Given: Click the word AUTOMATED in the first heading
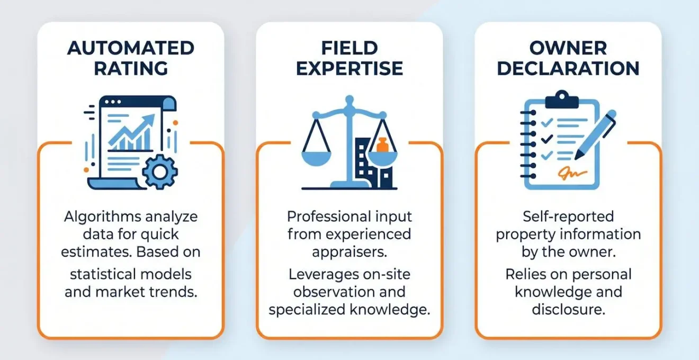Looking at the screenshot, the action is point(131,48).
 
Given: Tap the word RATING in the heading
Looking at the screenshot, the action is point(131,69).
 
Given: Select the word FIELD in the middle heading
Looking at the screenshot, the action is point(349,48).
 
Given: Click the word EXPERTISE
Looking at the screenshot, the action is point(349,69).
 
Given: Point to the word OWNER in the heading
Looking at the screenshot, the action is point(568,48).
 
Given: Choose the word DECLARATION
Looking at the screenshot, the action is point(568,69).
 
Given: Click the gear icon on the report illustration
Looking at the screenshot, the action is point(160,172).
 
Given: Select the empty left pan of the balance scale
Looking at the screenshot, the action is point(316,158).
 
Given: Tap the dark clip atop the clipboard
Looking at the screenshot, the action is point(562,100).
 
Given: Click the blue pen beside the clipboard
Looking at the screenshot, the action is point(595,135).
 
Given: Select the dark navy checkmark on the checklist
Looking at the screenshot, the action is point(546,139).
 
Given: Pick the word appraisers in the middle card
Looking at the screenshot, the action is point(349,253).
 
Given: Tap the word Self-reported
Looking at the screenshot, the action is point(568,217).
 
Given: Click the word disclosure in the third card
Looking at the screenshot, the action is point(568,310).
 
